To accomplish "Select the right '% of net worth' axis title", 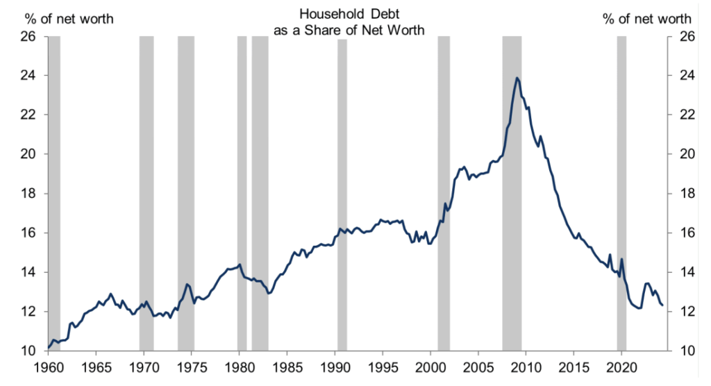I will coord(646,19).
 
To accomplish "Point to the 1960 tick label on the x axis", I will coord(48,367).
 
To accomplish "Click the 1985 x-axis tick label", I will coord(287,367).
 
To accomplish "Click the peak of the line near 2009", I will coord(517,78).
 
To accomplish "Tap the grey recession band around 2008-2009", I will coord(512,208).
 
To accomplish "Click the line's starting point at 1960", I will coord(49,347).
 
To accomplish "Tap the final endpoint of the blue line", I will coord(662,305).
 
